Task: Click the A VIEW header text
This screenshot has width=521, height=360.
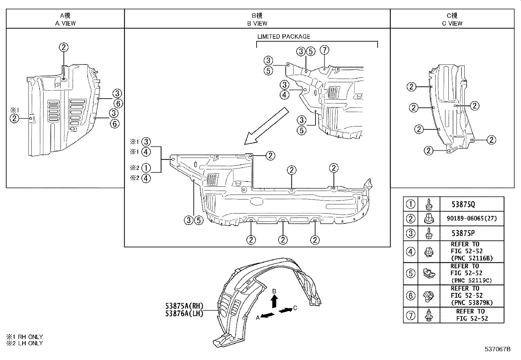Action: (x=65, y=23)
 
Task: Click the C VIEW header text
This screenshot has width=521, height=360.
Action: (x=452, y=23)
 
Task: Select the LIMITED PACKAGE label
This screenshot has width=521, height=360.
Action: (x=283, y=37)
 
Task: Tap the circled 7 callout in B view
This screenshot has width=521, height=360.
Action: (x=324, y=50)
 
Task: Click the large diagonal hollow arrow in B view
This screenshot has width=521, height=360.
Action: (x=266, y=126)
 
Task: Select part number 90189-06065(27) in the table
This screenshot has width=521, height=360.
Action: (x=472, y=218)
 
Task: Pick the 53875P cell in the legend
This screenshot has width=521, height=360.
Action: (x=463, y=233)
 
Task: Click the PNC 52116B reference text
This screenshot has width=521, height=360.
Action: (x=472, y=258)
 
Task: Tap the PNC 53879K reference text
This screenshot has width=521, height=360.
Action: (x=472, y=303)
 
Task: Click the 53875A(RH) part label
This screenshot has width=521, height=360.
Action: (x=184, y=306)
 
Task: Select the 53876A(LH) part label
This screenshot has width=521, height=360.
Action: (x=184, y=313)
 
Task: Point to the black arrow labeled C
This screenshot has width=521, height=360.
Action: (x=285, y=310)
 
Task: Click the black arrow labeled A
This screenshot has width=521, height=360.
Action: (x=268, y=315)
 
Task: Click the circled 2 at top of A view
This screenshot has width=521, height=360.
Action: (x=64, y=47)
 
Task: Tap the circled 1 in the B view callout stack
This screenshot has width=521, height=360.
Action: (x=146, y=168)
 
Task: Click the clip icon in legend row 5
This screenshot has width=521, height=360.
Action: (x=428, y=273)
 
